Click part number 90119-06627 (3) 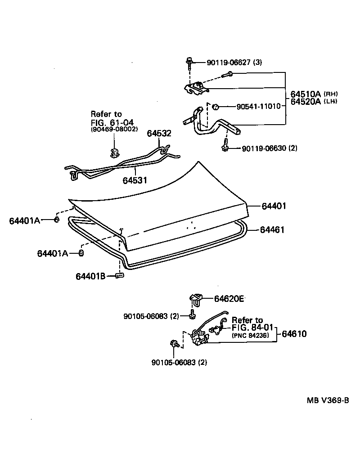pyautogui.click(x=234, y=63)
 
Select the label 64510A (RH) pyautogui.click(x=314, y=94)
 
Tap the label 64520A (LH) pyautogui.click(x=314, y=102)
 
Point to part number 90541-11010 pyautogui.click(x=258, y=107)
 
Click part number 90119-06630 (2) pyautogui.click(x=270, y=148)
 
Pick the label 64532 pyautogui.click(x=159, y=133)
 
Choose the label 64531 pyautogui.click(x=135, y=180)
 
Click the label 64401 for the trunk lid pyautogui.click(x=274, y=206)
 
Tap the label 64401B pyautogui.click(x=90, y=276)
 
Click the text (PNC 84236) pyautogui.click(x=251, y=335)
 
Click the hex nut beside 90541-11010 pyautogui.click(x=216, y=107)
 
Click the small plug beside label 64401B pyautogui.click(x=119, y=276)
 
